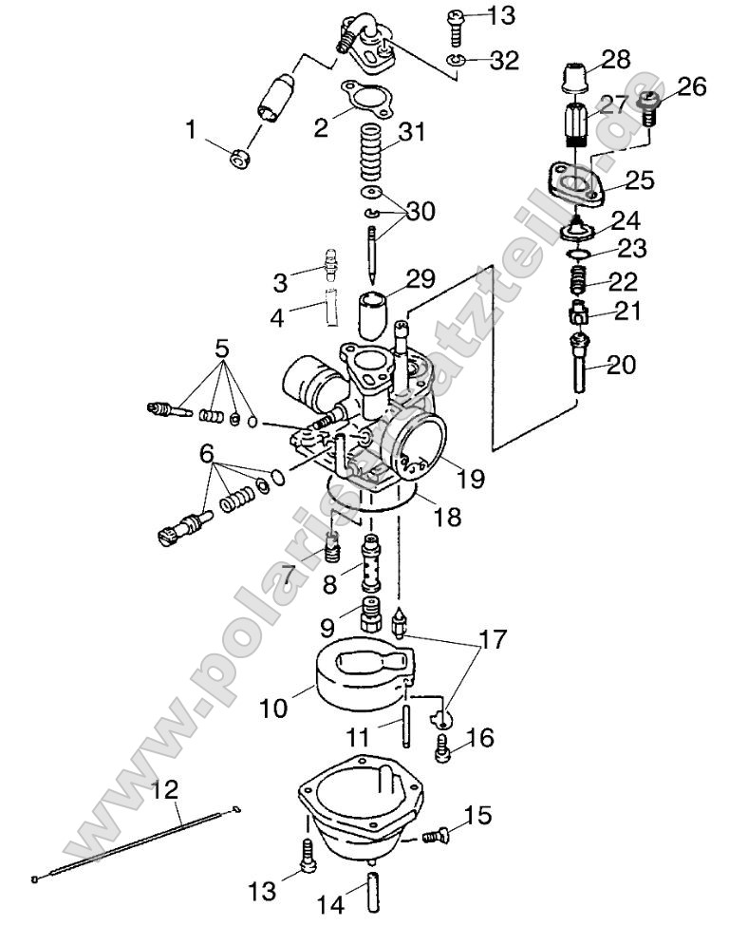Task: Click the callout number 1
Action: tap(194, 127)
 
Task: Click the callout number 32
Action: tap(504, 61)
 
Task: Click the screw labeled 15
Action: tap(433, 835)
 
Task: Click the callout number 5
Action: tap(221, 349)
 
